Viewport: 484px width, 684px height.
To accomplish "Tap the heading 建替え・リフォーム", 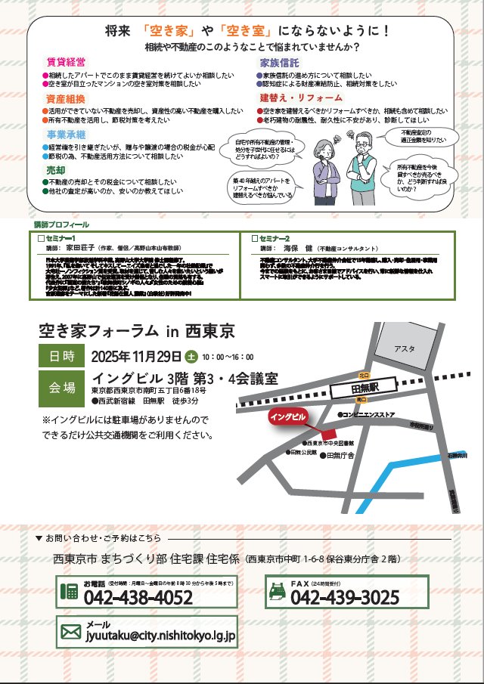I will tap(301, 98).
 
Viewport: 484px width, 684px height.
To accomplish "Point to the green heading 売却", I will tap(55, 171).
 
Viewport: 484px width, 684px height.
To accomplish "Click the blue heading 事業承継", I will tap(64, 135).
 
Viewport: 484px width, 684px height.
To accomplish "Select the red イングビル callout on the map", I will tap(289, 416).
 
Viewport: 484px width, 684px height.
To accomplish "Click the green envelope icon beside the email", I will tap(71, 632).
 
